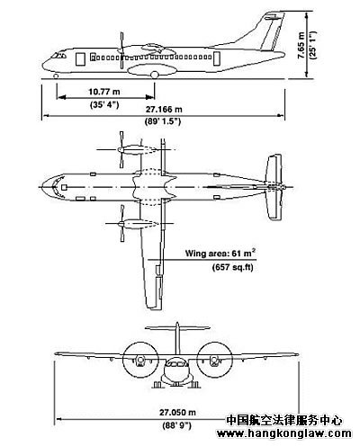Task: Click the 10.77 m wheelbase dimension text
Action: [103, 92]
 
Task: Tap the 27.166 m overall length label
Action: [164, 110]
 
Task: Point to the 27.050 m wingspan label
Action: [177, 413]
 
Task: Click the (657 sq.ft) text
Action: [233, 267]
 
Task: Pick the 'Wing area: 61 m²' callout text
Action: [220, 253]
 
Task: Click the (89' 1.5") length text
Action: [163, 121]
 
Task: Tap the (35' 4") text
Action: [104, 104]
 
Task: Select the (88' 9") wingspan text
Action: [176, 425]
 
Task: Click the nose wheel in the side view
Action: [56, 76]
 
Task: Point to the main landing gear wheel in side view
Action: [155, 75]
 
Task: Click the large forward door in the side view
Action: [80, 59]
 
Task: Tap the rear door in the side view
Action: [217, 58]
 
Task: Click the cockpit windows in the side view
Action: [58, 56]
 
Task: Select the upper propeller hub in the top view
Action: [120, 149]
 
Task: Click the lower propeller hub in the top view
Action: [121, 223]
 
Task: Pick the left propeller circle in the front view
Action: [140, 360]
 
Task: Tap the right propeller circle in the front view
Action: [214, 360]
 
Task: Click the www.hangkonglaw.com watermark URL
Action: [284, 433]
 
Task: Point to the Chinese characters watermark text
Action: [283, 420]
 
